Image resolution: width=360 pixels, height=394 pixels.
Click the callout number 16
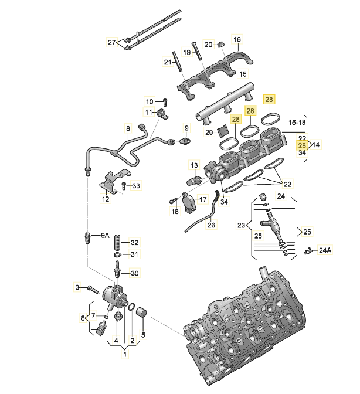pos(237,39)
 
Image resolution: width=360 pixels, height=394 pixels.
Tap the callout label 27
pos(111,42)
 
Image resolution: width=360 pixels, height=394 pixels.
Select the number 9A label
pos(106,236)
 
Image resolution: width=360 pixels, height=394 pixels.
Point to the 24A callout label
pos(325,250)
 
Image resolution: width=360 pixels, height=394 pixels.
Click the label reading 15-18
pos(297,123)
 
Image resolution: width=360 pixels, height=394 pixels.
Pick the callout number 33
pos(136,186)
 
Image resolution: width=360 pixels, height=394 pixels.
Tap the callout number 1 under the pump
pos(125,354)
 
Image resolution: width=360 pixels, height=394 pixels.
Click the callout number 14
pos(316,144)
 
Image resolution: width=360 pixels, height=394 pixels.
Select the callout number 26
pos(211,225)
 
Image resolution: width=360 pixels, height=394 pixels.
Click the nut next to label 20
pos(221,44)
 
